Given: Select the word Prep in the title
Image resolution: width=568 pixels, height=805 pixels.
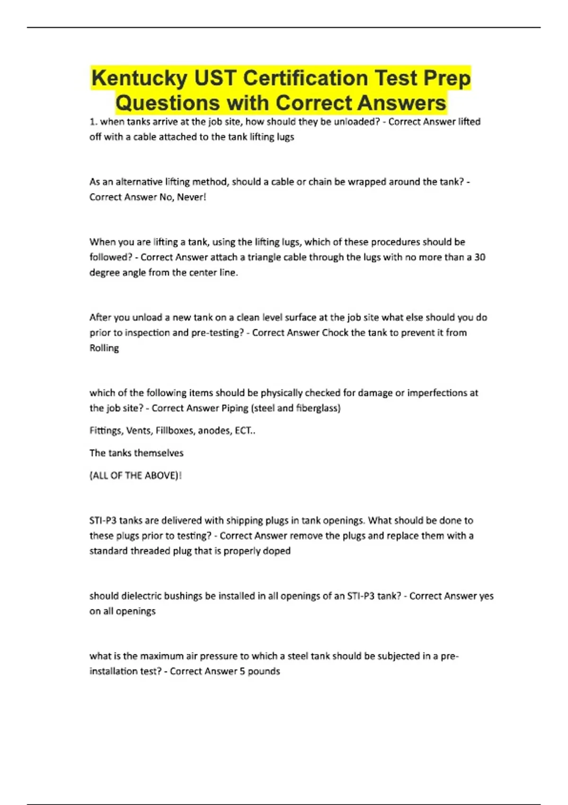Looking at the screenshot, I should tap(447, 79).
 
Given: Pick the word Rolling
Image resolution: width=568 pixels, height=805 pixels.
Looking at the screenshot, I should tap(104, 348).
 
